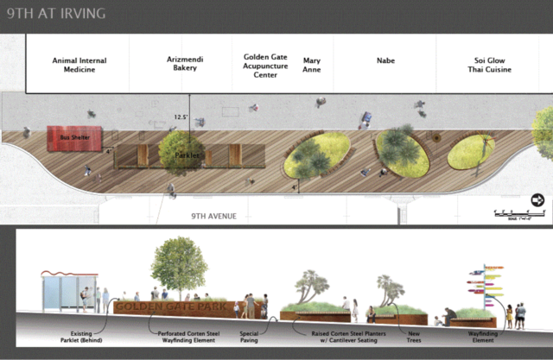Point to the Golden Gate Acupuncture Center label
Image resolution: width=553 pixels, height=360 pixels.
(265, 65)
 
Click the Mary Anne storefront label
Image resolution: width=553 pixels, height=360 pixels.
(311, 65)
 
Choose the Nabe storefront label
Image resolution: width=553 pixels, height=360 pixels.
(385, 61)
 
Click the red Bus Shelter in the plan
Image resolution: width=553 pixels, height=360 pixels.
(74, 138)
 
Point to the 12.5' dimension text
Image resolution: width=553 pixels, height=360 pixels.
(181, 117)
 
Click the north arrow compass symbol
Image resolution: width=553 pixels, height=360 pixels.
(537, 200)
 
